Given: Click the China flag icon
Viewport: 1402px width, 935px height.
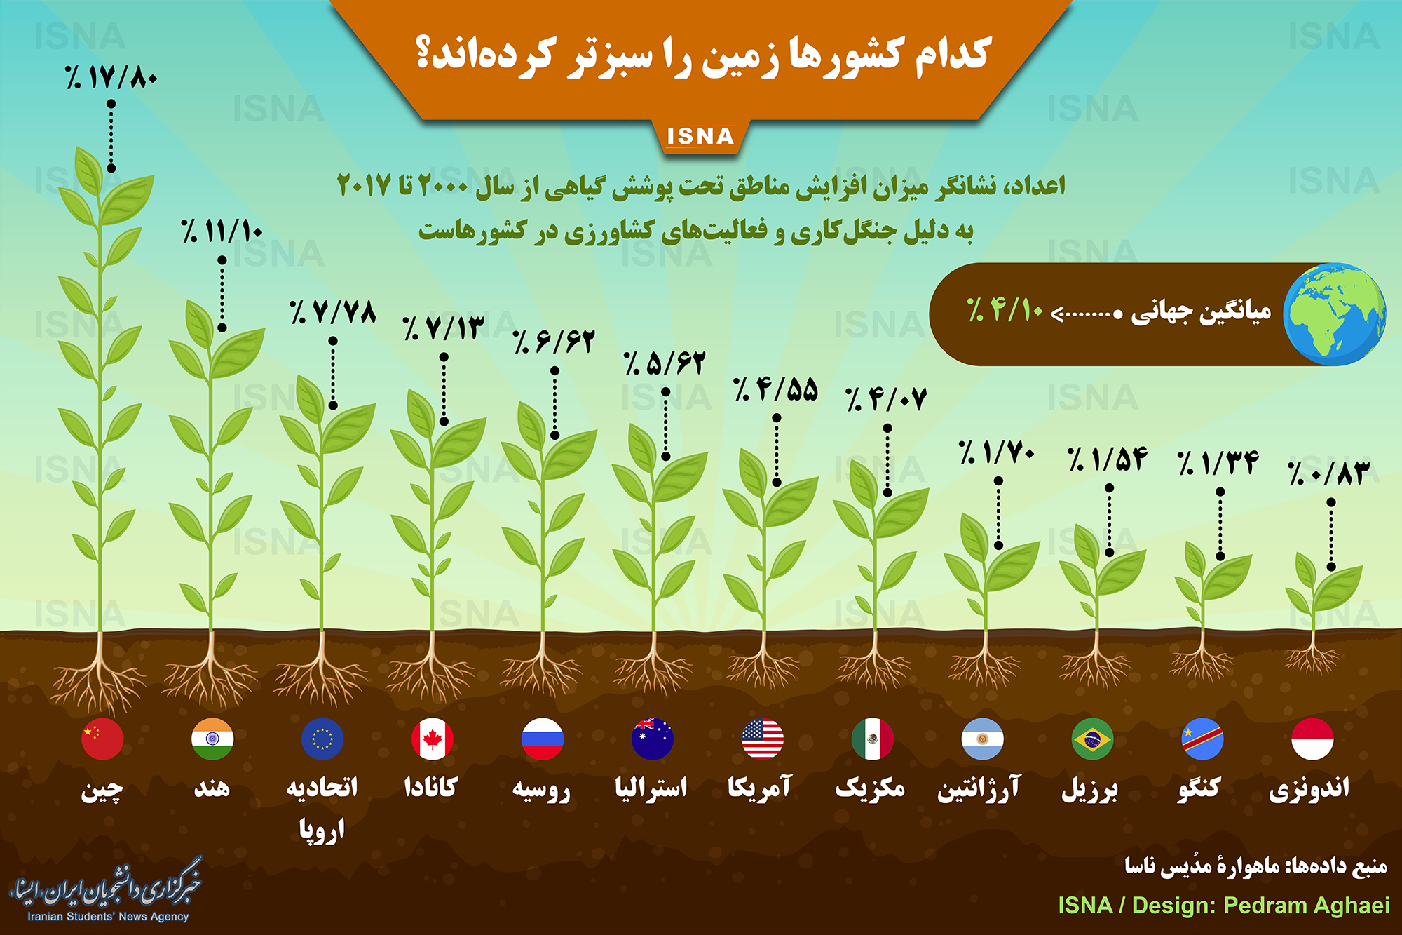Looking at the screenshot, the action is tap(102, 739).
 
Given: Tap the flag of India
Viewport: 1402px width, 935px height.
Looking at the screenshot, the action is tap(212, 739).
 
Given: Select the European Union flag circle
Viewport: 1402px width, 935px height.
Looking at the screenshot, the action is tap(322, 739).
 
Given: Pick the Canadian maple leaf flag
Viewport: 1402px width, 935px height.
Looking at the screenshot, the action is tap(433, 739).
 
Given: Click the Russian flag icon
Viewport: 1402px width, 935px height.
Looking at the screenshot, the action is tap(543, 739).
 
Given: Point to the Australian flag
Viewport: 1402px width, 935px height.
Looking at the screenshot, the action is tap(653, 739).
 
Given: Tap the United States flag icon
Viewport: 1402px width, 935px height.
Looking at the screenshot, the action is tap(763, 739).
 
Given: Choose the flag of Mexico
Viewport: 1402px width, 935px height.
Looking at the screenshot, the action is tap(873, 739).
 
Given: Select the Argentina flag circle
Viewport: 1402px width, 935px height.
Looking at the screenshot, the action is tap(983, 739).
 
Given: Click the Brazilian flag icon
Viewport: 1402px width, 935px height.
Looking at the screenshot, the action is tap(1093, 739).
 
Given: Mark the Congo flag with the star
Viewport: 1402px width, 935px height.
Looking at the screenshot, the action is tap(1203, 739).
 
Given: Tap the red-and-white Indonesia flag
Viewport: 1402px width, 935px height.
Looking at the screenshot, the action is tap(1312, 739).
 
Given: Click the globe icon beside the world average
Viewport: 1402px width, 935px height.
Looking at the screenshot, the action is tap(1335, 314).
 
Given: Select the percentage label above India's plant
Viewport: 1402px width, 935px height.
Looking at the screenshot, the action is tap(222, 231).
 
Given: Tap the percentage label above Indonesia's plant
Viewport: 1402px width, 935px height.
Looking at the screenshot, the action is tap(1328, 473).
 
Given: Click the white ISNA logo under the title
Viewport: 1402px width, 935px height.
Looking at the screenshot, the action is tap(700, 136).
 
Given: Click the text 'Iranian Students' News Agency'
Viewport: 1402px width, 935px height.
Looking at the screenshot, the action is tap(108, 916).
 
